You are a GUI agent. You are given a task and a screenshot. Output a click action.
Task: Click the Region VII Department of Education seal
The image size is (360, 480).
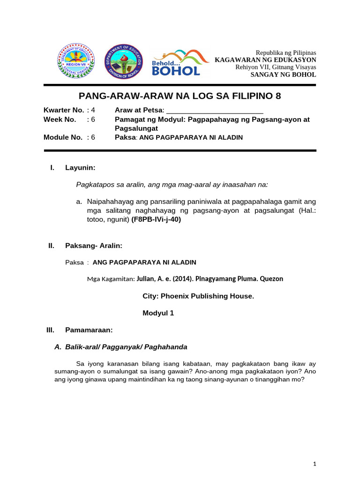[x=75, y=61]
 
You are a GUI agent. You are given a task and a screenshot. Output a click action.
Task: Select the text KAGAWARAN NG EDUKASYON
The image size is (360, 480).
[x=265, y=60]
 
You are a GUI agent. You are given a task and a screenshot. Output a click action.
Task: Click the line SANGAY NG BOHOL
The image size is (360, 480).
[x=283, y=75]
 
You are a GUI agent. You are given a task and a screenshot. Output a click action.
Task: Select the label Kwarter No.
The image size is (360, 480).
[x=64, y=110]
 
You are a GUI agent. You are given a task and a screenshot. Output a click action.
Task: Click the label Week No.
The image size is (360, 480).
[x=60, y=120]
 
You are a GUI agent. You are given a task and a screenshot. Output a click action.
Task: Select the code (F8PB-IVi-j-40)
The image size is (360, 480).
[x=156, y=219]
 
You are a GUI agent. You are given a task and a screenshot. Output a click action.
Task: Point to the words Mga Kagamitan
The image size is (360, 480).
[x=111, y=278]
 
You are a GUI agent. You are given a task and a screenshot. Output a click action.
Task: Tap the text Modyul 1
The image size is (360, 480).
[x=158, y=313]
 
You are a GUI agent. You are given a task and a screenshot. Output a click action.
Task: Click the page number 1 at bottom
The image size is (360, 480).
[x=315, y=464]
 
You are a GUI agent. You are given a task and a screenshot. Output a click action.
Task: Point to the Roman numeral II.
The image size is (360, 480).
[x=52, y=246]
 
